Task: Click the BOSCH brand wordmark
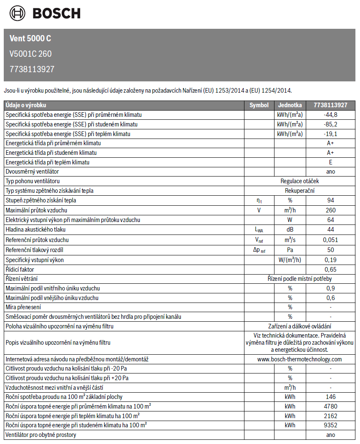pyautogui.click(x=56, y=13)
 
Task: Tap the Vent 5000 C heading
pyautogui.click(x=30, y=38)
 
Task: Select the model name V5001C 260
pyautogui.click(x=30, y=54)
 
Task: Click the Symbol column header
pyautogui.click(x=259, y=105)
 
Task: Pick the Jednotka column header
pyautogui.click(x=290, y=105)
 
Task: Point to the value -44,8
pyautogui.click(x=330, y=115)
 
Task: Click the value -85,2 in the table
pyautogui.click(x=330, y=124)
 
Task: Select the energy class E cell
pyautogui.click(x=331, y=162)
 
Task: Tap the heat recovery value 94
pyautogui.click(x=331, y=200)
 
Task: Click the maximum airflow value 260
pyautogui.click(x=331, y=210)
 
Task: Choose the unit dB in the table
pyautogui.click(x=290, y=230)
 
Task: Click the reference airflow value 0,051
pyautogui.click(x=331, y=240)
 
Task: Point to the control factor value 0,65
pyautogui.click(x=331, y=270)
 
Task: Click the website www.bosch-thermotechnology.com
pyautogui.click(x=300, y=359)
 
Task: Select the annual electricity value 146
pyautogui.click(x=331, y=397)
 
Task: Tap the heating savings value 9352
pyautogui.click(x=331, y=425)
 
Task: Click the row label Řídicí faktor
pyautogui.click(x=20, y=270)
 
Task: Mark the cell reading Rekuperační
pyautogui.click(x=300, y=191)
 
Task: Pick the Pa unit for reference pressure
pyautogui.click(x=290, y=250)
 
